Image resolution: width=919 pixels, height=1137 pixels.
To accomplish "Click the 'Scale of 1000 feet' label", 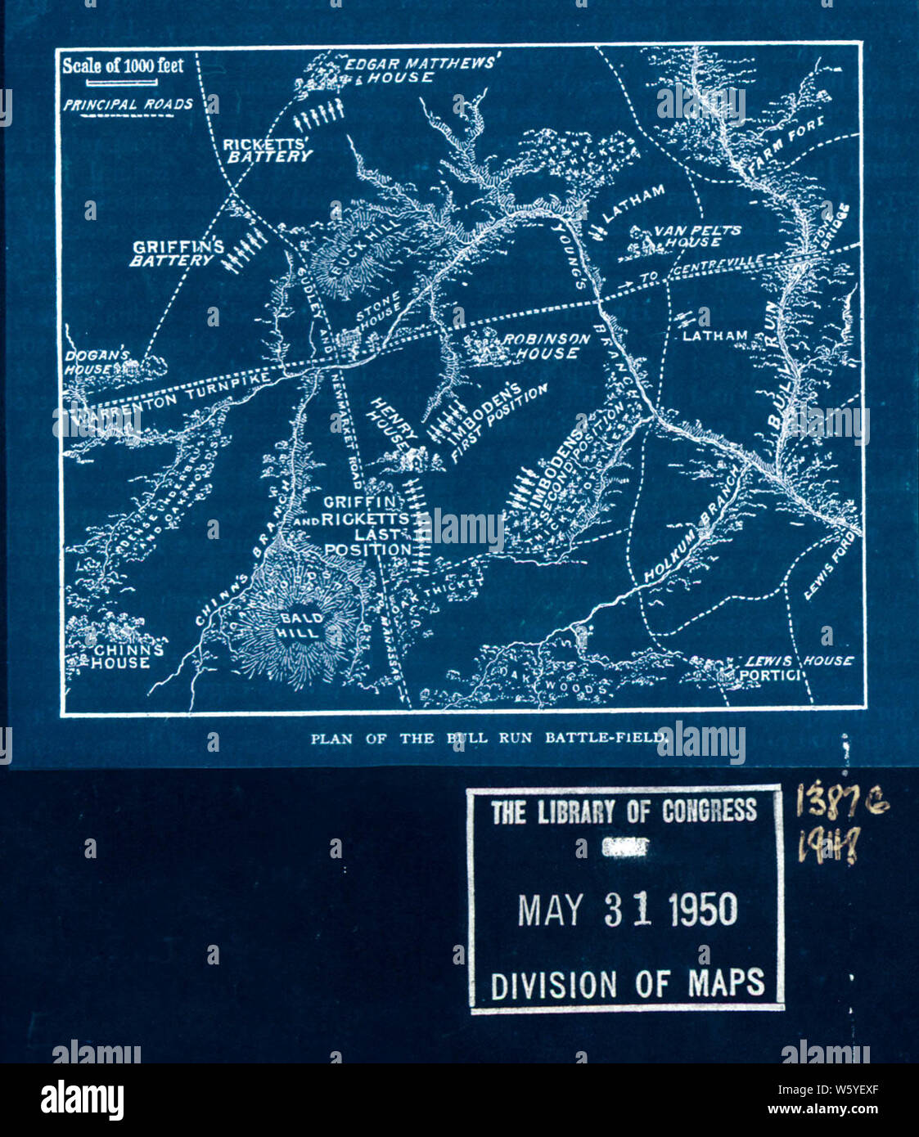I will click(124, 66).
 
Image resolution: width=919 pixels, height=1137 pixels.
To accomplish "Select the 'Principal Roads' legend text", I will click(128, 105).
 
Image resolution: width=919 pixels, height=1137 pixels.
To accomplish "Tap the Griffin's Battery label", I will click(178, 253).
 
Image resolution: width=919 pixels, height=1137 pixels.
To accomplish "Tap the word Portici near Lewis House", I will click(768, 675).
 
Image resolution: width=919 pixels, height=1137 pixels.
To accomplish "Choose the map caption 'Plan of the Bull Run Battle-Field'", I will click(488, 738).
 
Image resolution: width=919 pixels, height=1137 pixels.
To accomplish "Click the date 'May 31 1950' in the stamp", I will click(627, 909).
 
